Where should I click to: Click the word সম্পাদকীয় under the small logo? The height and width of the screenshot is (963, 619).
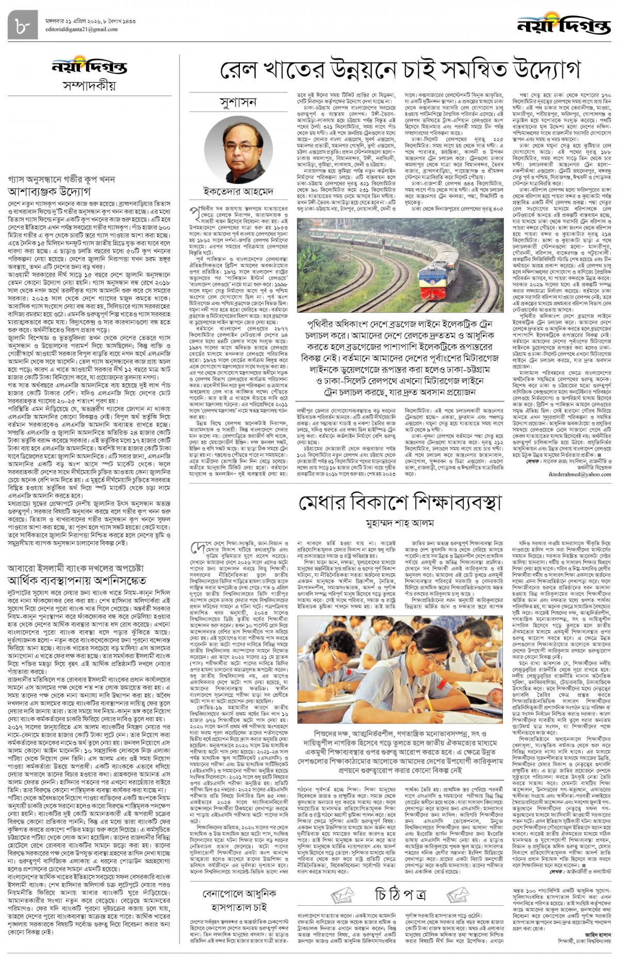[89, 86]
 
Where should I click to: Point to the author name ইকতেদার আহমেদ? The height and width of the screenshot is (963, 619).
[238, 191]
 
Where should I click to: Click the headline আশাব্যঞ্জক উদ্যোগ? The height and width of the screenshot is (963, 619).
[50, 191]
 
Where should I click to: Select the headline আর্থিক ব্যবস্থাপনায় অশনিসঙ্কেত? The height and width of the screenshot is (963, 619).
[77, 580]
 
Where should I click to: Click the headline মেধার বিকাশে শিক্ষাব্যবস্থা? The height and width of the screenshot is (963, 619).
[400, 503]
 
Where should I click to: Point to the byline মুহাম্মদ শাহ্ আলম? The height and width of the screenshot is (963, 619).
[400, 524]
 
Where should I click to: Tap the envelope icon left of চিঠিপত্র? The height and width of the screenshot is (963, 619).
[343, 894]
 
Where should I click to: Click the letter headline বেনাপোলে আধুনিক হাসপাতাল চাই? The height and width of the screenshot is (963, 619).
[238, 899]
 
